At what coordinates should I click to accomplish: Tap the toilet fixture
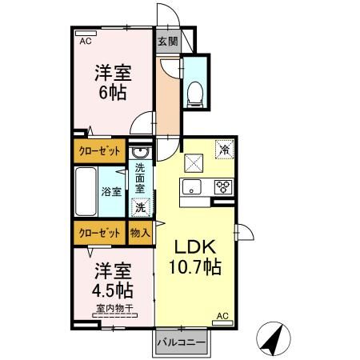(193, 93)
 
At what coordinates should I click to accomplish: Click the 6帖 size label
(111, 90)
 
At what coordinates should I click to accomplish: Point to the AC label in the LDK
(223, 317)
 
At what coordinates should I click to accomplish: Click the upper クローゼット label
(100, 149)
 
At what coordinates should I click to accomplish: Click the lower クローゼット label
(100, 232)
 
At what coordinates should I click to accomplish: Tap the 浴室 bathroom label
(111, 192)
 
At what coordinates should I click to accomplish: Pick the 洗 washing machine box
(140, 208)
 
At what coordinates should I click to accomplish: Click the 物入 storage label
(140, 232)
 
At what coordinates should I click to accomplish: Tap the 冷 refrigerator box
(225, 150)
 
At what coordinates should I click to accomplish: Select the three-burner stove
(222, 187)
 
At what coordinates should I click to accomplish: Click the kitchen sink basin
(191, 187)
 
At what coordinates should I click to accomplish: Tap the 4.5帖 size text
(112, 289)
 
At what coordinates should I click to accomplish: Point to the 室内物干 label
(112, 309)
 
